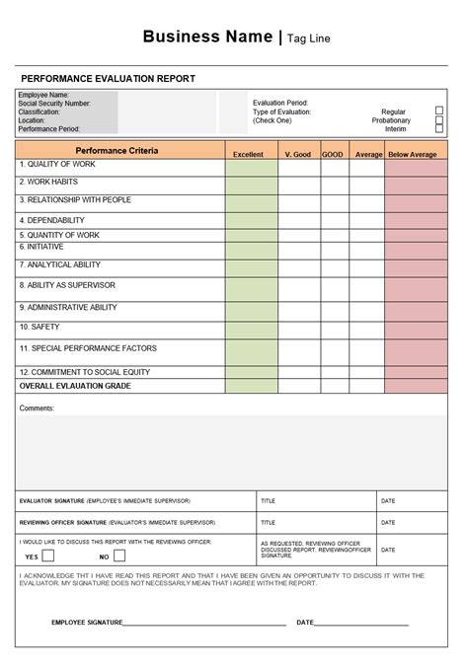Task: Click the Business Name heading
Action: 207,37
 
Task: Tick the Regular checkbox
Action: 439,111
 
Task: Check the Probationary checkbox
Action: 439,120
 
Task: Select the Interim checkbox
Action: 439,129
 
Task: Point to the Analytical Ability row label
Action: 59,264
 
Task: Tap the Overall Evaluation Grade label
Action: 75,386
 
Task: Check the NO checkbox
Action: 119,556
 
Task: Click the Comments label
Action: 37,408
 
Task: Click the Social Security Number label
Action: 54,103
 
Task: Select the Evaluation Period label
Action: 280,103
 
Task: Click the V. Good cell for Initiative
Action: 298,249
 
